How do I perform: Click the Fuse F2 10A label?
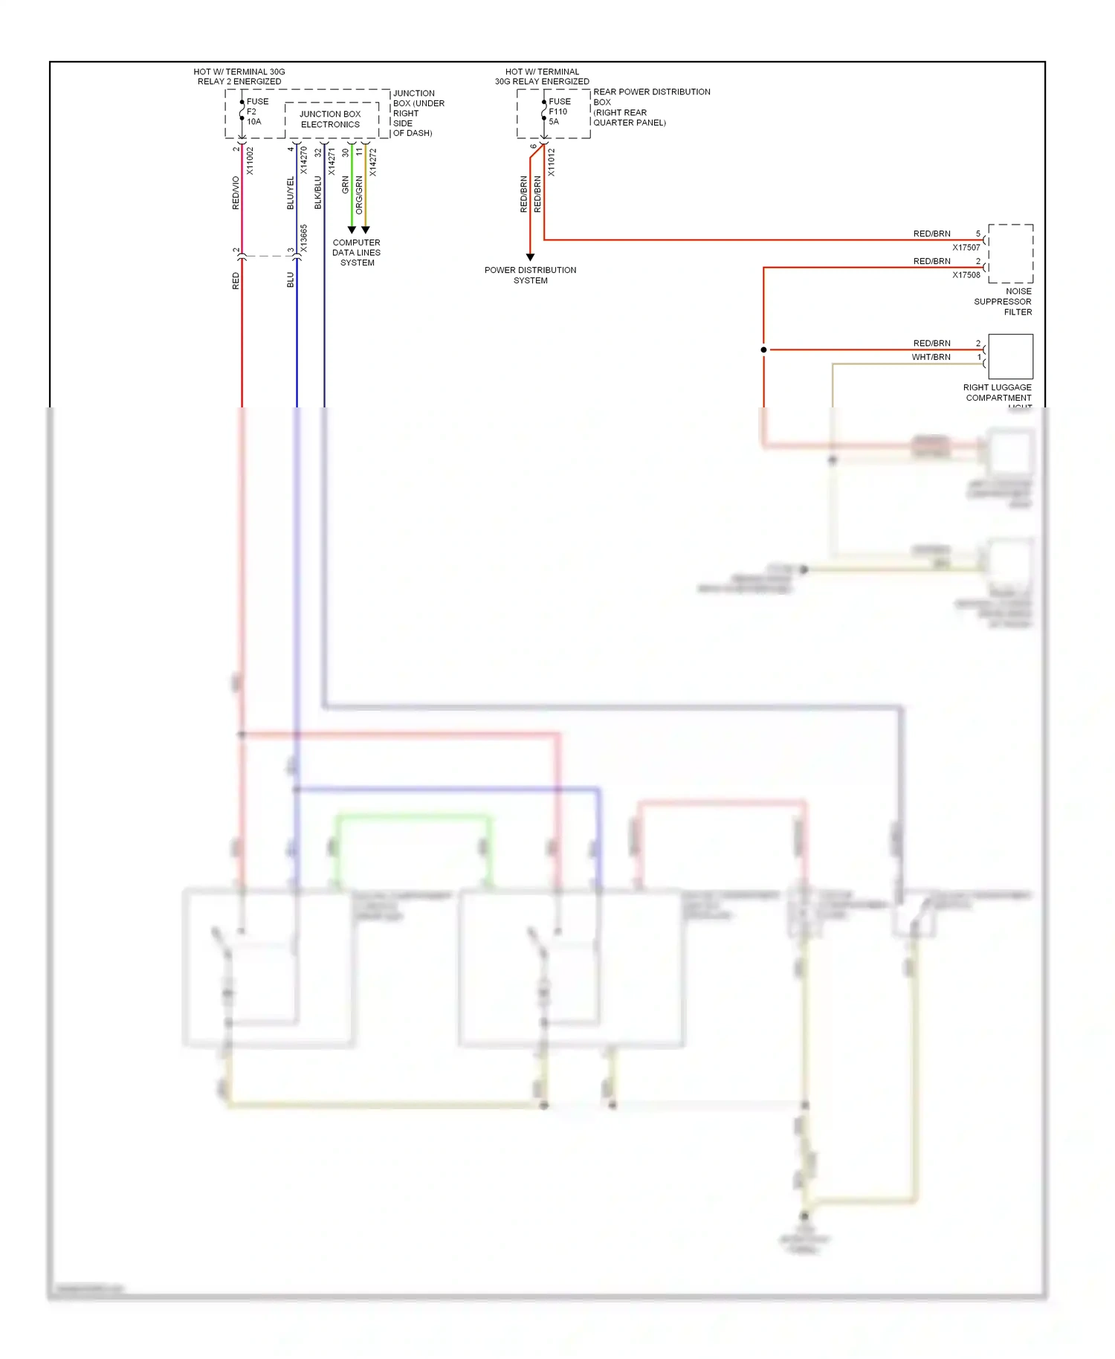(x=256, y=112)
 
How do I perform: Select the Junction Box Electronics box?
(x=330, y=119)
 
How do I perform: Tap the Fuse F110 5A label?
(x=559, y=112)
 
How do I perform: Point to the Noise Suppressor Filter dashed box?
(x=1010, y=254)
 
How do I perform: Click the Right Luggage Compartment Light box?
(x=1010, y=357)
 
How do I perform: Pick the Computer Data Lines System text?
(x=357, y=253)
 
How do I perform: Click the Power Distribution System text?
(x=530, y=275)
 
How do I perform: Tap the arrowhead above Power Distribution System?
(x=530, y=257)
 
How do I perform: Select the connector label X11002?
(x=250, y=161)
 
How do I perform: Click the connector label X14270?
(x=303, y=161)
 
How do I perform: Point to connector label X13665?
(x=303, y=239)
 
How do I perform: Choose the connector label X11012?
(x=551, y=162)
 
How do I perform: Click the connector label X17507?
(x=966, y=248)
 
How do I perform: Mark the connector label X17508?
(x=966, y=275)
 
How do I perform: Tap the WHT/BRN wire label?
(x=931, y=358)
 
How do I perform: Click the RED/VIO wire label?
(x=236, y=193)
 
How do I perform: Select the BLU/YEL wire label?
(x=291, y=193)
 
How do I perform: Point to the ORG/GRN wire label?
(x=359, y=195)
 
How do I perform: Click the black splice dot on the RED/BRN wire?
(x=763, y=349)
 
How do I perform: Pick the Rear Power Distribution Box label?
(x=651, y=107)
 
